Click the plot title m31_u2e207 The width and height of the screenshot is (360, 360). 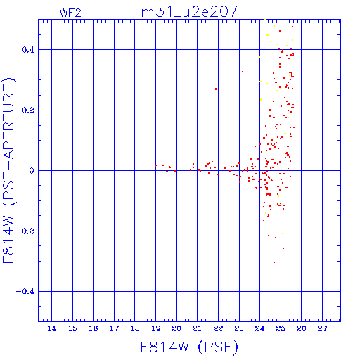click(189, 12)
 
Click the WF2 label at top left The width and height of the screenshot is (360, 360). click(70, 13)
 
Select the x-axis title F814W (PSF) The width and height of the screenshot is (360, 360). click(189, 347)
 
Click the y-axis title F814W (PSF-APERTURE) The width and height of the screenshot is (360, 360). click(8, 170)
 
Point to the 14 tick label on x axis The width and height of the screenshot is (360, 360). click(51, 328)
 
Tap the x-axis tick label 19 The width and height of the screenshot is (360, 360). click(156, 328)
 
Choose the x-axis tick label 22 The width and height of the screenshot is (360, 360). click(218, 328)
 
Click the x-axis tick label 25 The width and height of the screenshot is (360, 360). click(281, 328)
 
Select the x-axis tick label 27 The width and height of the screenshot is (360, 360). click(323, 328)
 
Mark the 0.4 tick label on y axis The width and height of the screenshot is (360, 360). click(28, 50)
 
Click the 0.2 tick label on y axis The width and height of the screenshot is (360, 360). click(28, 110)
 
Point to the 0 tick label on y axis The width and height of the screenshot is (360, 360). click(32, 171)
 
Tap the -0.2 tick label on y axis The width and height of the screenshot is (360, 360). click(25, 231)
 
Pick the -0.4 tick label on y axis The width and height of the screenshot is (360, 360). click(25, 292)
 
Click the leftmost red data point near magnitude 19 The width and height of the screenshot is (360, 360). click(156, 166)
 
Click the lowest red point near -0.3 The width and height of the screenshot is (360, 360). click(274, 262)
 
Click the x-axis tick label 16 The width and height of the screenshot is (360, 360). click(94, 328)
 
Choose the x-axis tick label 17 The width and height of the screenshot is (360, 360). click(114, 328)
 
